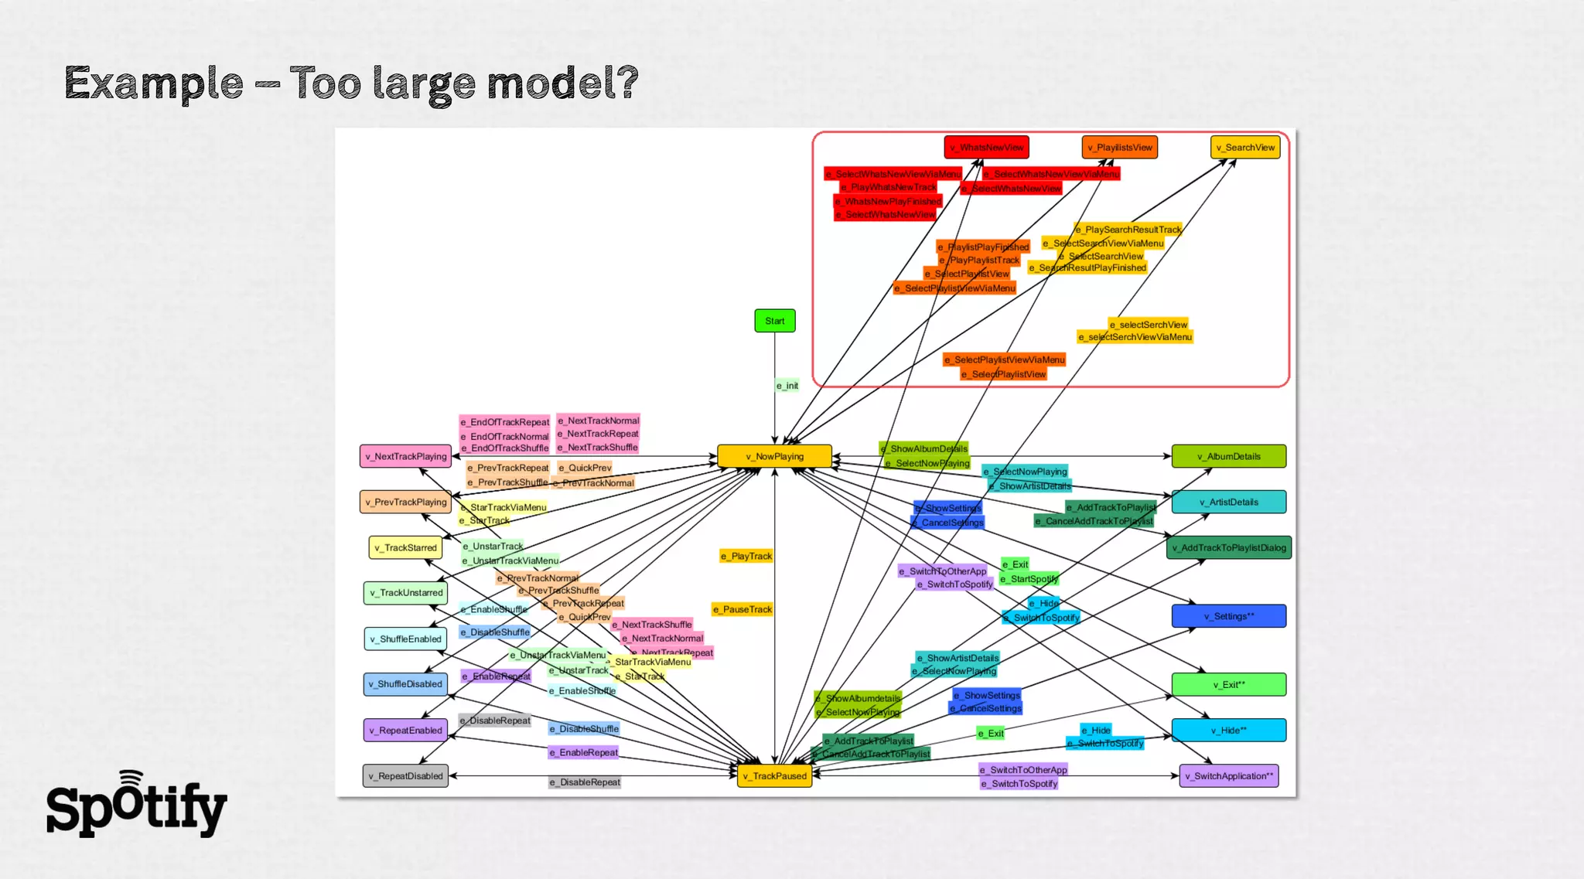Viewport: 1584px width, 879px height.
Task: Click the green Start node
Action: (x=774, y=321)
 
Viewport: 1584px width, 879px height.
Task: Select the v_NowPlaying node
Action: (x=774, y=456)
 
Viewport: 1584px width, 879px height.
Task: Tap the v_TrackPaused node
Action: (x=774, y=775)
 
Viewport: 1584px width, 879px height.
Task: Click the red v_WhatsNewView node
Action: (x=986, y=147)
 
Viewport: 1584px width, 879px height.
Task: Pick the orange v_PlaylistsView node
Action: (x=1119, y=147)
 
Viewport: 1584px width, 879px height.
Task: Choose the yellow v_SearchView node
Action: (x=1244, y=147)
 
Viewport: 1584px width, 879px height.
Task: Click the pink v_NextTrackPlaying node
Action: (x=405, y=456)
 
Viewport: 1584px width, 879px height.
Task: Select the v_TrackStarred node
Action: (x=405, y=547)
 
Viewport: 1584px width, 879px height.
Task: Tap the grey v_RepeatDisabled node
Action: (x=405, y=775)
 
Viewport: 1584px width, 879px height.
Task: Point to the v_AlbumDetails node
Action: (x=1228, y=456)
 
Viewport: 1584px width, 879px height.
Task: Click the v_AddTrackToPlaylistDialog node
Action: (x=1228, y=547)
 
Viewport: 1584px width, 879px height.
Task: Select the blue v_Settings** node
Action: (x=1228, y=616)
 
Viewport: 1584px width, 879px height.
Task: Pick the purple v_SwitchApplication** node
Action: (x=1228, y=775)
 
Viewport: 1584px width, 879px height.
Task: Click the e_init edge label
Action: (x=787, y=385)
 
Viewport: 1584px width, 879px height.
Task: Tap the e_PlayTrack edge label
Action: (x=746, y=556)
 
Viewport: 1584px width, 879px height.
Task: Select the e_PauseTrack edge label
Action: (x=742, y=609)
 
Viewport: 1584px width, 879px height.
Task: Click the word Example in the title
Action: (x=153, y=83)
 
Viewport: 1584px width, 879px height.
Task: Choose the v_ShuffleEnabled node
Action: (x=405, y=639)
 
